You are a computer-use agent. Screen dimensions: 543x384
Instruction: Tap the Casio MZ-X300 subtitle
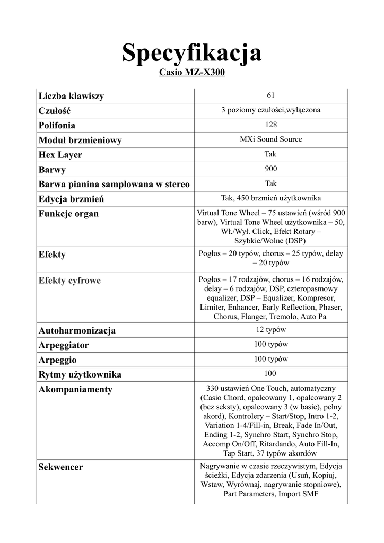pyautogui.click(x=191, y=73)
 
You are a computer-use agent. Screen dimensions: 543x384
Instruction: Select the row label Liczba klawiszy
pyautogui.click(x=71, y=96)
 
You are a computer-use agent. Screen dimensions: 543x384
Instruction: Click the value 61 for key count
pyautogui.click(x=270, y=95)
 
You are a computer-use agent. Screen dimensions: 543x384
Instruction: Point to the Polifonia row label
pyautogui.click(x=57, y=126)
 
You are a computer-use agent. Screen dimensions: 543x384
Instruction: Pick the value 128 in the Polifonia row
pyautogui.click(x=270, y=125)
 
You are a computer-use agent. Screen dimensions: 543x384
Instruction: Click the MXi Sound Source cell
pyautogui.click(x=270, y=139)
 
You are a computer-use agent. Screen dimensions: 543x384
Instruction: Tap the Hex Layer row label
pyautogui.click(x=60, y=155)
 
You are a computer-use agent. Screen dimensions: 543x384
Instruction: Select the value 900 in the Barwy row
pyautogui.click(x=270, y=169)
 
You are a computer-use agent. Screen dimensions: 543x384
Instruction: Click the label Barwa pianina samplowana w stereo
pyautogui.click(x=114, y=185)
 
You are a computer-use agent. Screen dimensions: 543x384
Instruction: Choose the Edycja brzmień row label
pyautogui.click(x=71, y=199)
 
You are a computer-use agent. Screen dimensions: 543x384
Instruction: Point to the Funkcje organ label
pyautogui.click(x=68, y=214)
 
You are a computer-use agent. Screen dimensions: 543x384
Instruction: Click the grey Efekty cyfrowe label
pyautogui.click(x=69, y=281)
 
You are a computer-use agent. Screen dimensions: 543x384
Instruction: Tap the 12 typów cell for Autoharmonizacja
pyautogui.click(x=270, y=330)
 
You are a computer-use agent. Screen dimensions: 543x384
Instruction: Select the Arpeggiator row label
pyautogui.click(x=64, y=345)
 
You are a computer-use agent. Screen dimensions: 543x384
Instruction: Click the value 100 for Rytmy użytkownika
pyautogui.click(x=270, y=373)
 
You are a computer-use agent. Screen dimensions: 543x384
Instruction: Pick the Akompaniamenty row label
pyautogui.click(x=75, y=390)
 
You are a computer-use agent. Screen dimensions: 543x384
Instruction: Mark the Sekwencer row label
pyautogui.click(x=60, y=467)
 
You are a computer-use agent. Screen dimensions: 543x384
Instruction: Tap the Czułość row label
pyautogui.click(x=54, y=111)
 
